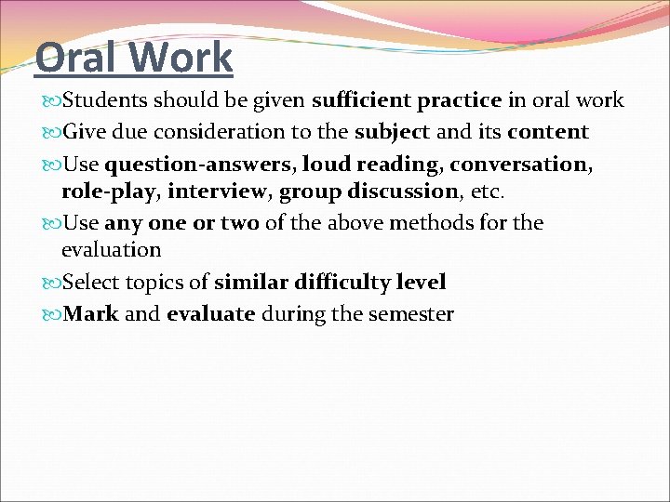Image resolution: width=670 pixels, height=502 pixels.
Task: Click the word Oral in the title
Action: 77,57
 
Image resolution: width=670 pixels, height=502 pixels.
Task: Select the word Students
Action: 110,100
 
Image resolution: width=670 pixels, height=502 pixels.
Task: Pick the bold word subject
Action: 392,132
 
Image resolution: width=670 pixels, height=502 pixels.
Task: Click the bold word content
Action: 549,132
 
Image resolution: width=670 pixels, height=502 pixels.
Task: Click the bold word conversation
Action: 519,165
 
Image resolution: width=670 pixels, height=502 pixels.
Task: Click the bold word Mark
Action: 90,313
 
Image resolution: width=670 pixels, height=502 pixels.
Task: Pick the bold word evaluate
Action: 211,313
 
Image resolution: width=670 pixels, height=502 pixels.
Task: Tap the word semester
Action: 411,313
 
